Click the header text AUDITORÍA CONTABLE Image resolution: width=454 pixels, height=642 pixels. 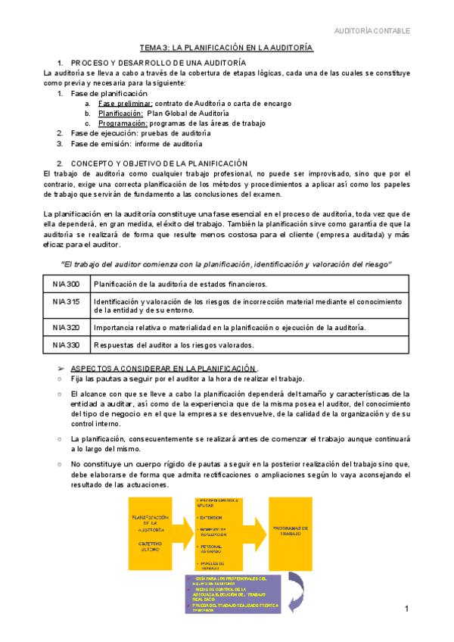point(372,31)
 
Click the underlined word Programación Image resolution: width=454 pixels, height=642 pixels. point(123,123)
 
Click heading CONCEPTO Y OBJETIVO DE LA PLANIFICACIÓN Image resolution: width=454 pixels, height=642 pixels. point(159,164)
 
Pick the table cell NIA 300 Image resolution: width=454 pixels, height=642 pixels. point(67,284)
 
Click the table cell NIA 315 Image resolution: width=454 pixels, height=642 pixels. point(67,301)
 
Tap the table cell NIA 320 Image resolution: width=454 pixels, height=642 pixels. point(67,327)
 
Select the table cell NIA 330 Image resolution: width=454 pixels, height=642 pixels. point(67,345)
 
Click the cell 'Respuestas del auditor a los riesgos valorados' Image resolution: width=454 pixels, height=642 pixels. point(174,345)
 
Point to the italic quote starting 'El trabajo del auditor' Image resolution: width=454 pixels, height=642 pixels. point(225,263)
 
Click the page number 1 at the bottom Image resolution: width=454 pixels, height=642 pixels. point(406,609)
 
